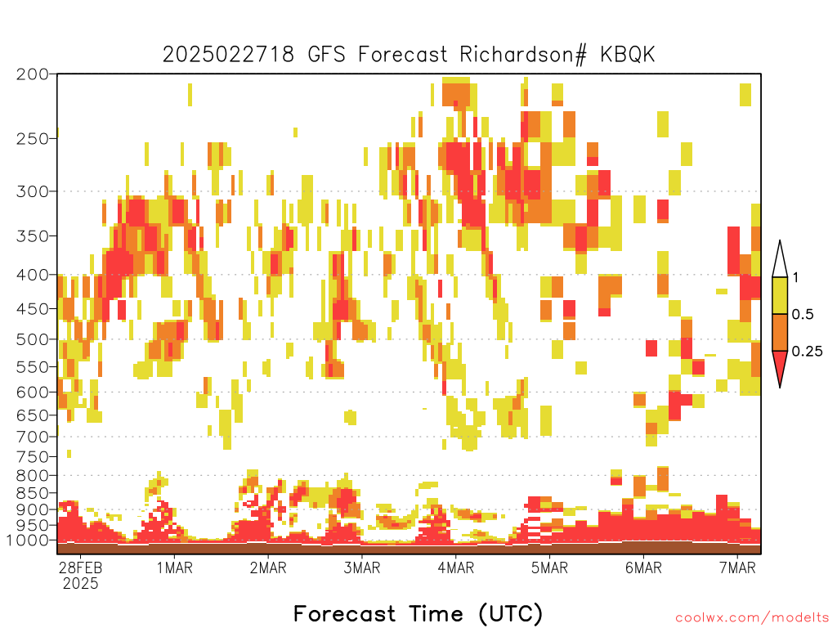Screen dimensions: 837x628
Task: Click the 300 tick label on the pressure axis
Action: pyautogui.click(x=32, y=191)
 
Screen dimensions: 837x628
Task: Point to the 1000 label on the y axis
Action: pyautogui.click(x=27, y=541)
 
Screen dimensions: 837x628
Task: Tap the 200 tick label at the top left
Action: pyautogui.click(x=32, y=74)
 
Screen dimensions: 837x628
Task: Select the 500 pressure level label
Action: pyautogui.click(x=32, y=339)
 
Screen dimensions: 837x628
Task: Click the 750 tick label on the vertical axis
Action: pyautogui.click(x=32, y=457)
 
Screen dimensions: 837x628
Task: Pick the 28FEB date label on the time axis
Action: pyautogui.click(x=80, y=567)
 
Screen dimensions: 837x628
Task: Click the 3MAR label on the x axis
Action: pyautogui.click(x=362, y=567)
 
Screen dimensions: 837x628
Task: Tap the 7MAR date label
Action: pyautogui.click(x=737, y=567)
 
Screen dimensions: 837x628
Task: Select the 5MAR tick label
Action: pyautogui.click(x=550, y=567)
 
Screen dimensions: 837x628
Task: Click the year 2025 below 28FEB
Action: pyautogui.click(x=81, y=583)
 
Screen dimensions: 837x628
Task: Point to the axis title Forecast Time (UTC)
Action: pyautogui.click(x=418, y=613)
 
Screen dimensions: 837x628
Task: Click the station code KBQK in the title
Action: pyautogui.click(x=627, y=55)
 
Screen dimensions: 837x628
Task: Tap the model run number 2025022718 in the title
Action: pyautogui.click(x=229, y=55)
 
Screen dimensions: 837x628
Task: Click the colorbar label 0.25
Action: pyautogui.click(x=807, y=352)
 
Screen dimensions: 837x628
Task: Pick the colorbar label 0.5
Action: pyautogui.click(x=803, y=314)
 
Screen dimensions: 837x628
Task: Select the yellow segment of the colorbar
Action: pyautogui.click(x=780, y=295)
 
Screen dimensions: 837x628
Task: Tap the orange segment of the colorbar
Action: pyautogui.click(x=780, y=332)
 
